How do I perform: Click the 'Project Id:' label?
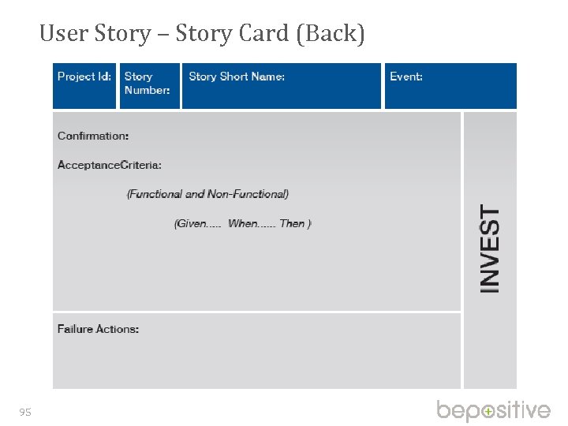coord(84,77)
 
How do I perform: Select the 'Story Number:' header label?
coord(147,83)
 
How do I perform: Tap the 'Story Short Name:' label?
coord(237,77)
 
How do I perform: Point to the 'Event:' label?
coord(406,77)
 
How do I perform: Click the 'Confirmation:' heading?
coord(93,136)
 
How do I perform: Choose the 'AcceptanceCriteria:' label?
coord(110,165)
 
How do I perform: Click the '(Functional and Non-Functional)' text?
coord(207,194)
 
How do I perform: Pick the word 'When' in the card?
coord(243,223)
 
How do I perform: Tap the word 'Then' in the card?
coord(293,223)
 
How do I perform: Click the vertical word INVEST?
coord(490,250)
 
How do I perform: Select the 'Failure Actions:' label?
coord(98,329)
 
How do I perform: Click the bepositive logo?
coord(494,410)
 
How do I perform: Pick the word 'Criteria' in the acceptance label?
coord(139,165)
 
